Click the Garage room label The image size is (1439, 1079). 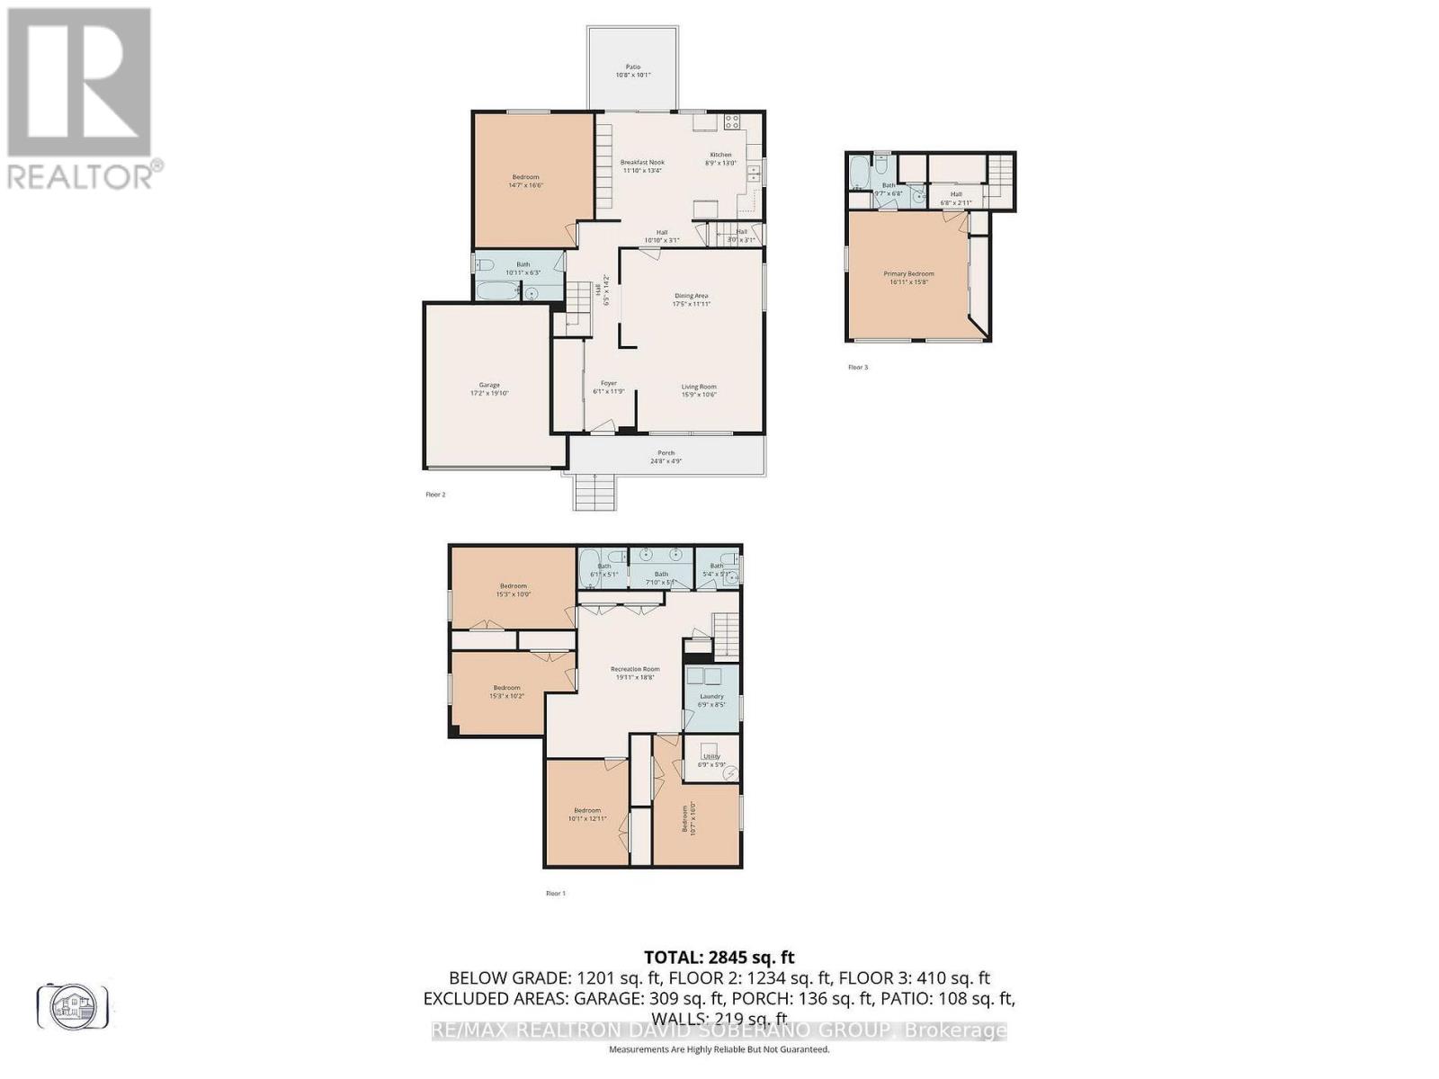coord(489,388)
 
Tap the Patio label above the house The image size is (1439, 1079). coord(633,70)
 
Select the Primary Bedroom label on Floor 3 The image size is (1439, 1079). coord(908,277)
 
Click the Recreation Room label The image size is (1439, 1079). coord(635,673)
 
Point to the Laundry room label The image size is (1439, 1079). coord(711,700)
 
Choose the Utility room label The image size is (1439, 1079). coord(711,760)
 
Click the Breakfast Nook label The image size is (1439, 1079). coord(642,165)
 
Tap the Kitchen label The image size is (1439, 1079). coord(721,158)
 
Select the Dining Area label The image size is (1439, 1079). coord(692,299)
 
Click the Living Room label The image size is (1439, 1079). coord(699,390)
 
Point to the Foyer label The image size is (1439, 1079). coord(609,387)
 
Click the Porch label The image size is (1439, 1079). coord(666,457)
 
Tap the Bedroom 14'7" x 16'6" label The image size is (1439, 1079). coord(526,181)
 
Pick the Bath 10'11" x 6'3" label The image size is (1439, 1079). coord(523,268)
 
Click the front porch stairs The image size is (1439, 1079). coord(594,493)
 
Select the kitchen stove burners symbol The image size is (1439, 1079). coord(732,120)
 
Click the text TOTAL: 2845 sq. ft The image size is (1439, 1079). coord(719,958)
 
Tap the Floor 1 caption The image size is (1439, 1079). coord(556,893)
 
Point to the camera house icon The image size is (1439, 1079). coord(73,1006)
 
